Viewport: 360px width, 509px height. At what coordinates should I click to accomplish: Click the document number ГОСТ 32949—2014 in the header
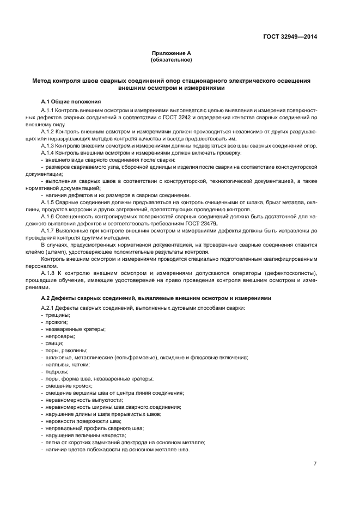pyautogui.click(x=289, y=37)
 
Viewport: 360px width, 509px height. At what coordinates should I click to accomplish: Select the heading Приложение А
pyautogui.click(x=171, y=53)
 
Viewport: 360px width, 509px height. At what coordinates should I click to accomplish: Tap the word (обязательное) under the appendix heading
pyautogui.click(x=171, y=59)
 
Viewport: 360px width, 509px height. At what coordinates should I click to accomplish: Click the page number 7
pyautogui.click(x=315, y=463)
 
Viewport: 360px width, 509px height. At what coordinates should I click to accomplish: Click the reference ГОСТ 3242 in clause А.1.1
pyautogui.click(x=203, y=117)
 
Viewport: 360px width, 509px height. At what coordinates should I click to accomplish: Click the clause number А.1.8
pyautogui.click(x=51, y=272)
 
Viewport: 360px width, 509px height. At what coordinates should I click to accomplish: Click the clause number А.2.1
pyautogui.click(x=50, y=309)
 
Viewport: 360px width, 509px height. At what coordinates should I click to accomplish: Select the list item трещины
pyautogui.click(x=58, y=315)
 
